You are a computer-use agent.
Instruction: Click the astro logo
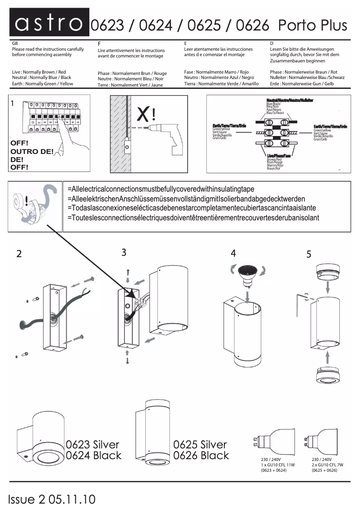click(49, 23)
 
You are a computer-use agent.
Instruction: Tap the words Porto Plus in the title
click(312, 25)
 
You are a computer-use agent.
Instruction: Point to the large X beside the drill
click(144, 114)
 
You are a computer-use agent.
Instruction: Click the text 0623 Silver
click(92, 445)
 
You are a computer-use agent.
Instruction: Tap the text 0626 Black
click(201, 456)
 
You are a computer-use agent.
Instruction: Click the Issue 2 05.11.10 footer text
click(52, 499)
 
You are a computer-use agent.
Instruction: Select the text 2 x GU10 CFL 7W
click(327, 465)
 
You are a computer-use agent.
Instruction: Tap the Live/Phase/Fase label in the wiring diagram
click(279, 156)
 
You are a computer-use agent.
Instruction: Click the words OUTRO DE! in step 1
click(31, 151)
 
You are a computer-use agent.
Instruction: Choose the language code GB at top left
click(15, 43)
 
